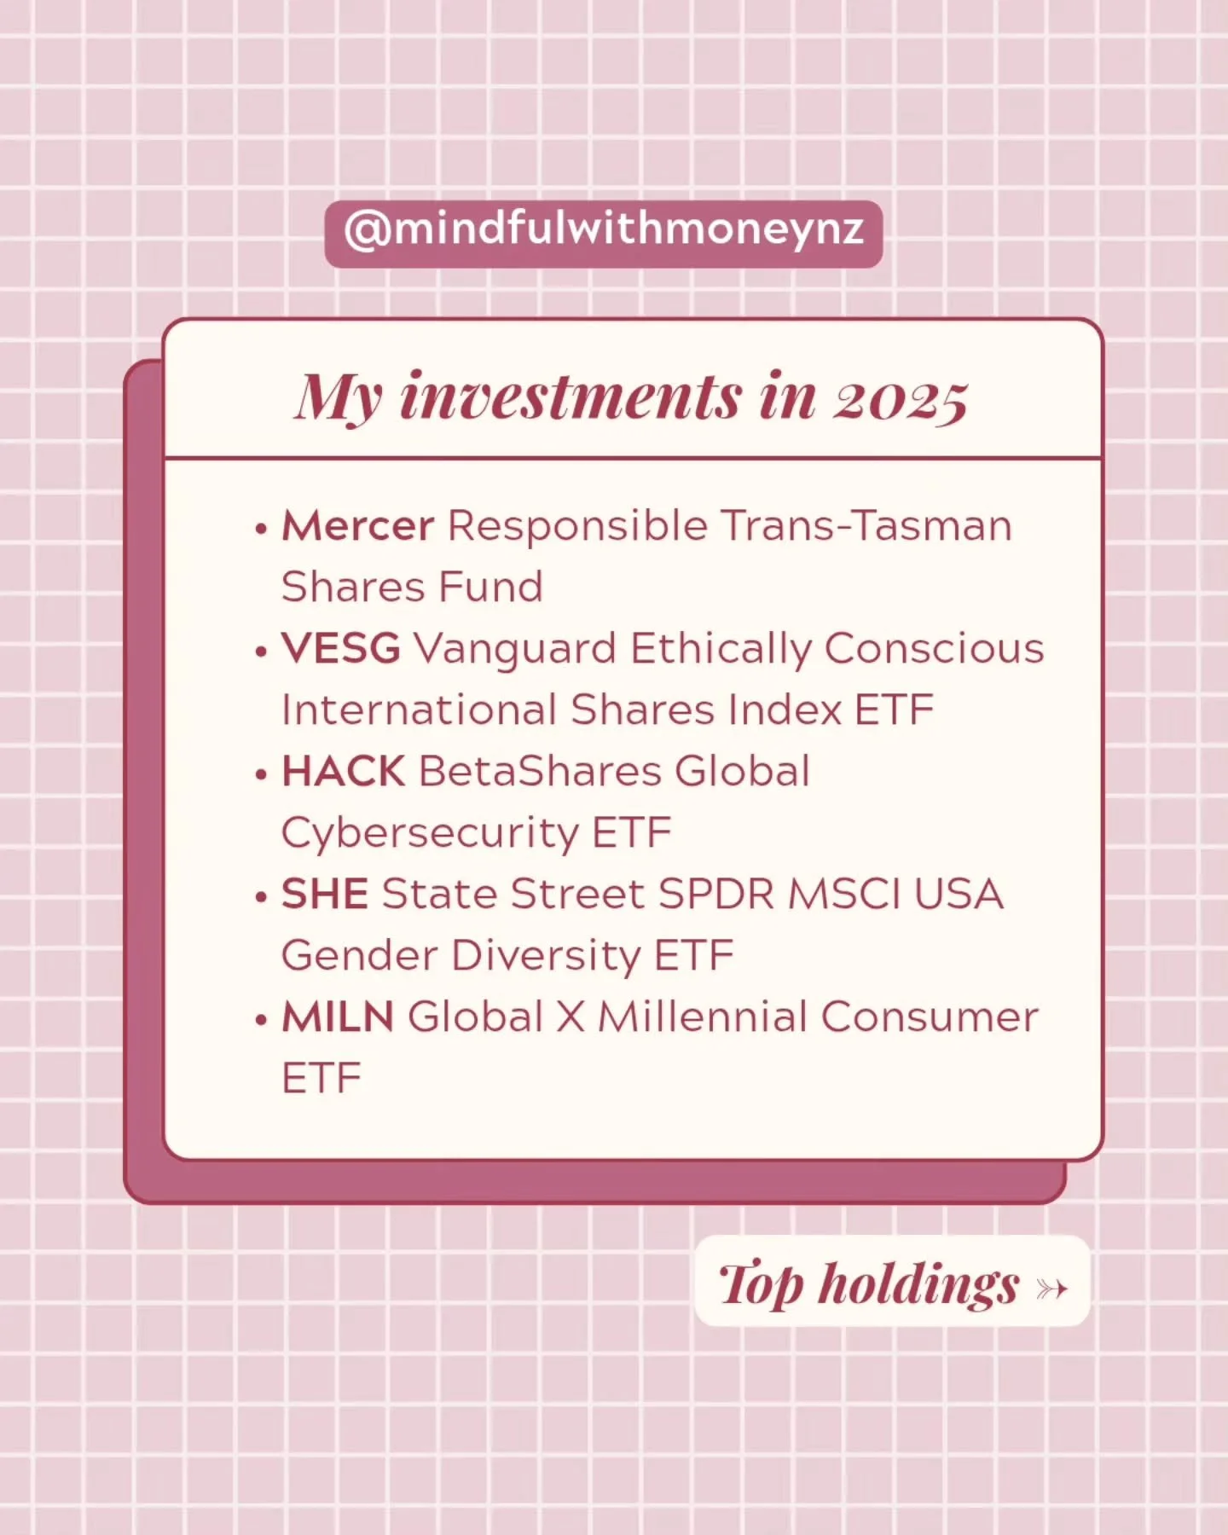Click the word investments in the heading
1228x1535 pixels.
click(571, 397)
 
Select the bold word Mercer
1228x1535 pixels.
click(357, 525)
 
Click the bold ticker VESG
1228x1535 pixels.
click(340, 648)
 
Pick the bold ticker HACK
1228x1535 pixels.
click(343, 771)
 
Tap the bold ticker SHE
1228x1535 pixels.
click(324, 894)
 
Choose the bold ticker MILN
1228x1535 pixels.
click(338, 1017)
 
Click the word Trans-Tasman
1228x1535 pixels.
click(866, 525)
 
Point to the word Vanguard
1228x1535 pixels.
click(514, 650)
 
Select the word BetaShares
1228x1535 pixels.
click(540, 771)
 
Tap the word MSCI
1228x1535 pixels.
click(843, 894)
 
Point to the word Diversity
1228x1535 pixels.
click(545, 956)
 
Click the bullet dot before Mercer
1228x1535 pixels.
click(261, 529)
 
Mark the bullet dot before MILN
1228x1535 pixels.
click(261, 1020)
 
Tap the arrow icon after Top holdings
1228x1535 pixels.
click(1051, 1288)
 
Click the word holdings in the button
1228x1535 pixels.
click(918, 1284)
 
